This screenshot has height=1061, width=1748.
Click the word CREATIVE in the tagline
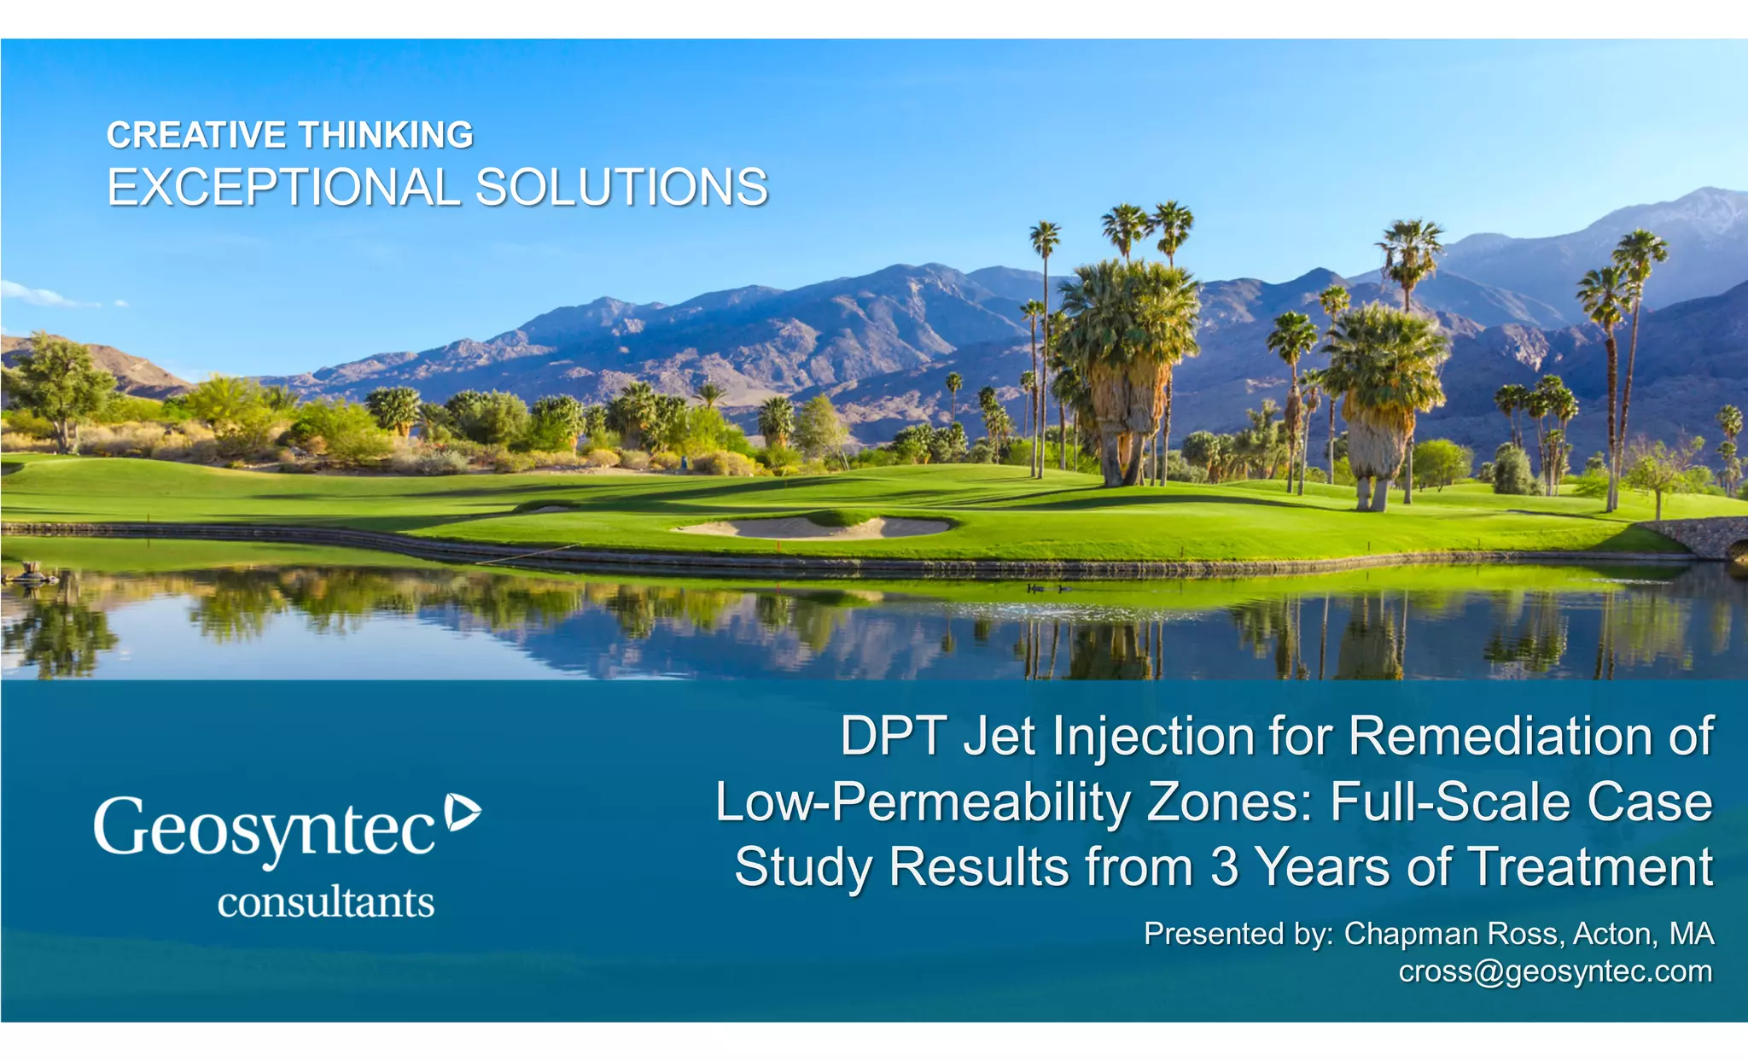(x=196, y=135)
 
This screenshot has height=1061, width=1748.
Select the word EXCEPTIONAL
(x=283, y=188)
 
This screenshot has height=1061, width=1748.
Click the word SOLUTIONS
(x=621, y=188)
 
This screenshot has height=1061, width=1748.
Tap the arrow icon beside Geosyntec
(x=463, y=812)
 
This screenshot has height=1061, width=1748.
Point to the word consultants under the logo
(x=326, y=902)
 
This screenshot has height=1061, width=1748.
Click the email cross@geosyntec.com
(x=1555, y=971)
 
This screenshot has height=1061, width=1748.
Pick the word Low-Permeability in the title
(x=922, y=802)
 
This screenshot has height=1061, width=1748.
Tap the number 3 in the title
(x=1224, y=867)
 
